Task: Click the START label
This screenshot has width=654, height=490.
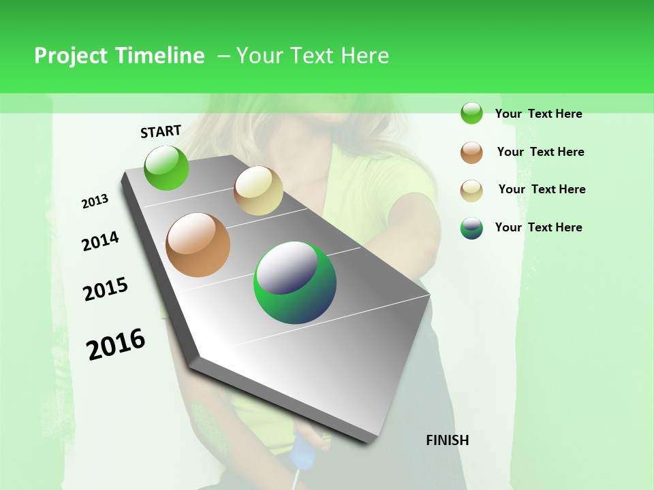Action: click(x=161, y=131)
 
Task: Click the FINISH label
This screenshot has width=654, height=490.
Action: click(x=448, y=440)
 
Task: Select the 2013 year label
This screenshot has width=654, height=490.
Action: click(x=95, y=201)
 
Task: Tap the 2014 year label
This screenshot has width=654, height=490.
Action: click(x=100, y=241)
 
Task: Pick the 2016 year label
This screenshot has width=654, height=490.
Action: click(x=116, y=344)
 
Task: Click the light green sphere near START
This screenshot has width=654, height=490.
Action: click(x=166, y=167)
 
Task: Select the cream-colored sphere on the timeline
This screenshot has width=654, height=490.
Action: click(x=258, y=191)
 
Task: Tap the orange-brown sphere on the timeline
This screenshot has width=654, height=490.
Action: click(x=198, y=245)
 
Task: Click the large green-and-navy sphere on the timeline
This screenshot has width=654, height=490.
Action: click(x=295, y=282)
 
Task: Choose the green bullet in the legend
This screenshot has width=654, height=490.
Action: click(x=471, y=114)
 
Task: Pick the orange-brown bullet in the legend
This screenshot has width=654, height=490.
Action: click(x=471, y=152)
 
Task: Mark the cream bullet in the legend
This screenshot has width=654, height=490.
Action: click(x=471, y=191)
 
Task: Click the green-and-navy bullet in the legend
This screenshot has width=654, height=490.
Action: click(x=471, y=229)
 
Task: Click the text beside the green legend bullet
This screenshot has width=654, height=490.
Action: click(x=538, y=114)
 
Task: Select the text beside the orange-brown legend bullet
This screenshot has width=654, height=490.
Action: click(x=540, y=152)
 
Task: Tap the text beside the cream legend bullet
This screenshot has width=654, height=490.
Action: click(x=542, y=189)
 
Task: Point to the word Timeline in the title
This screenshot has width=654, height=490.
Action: click(x=160, y=56)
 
